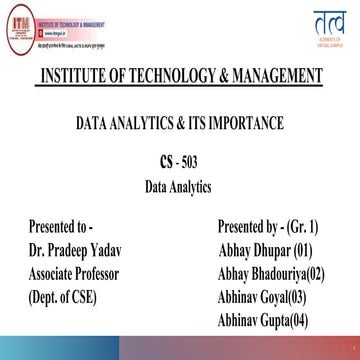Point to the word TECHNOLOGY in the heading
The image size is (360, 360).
coord(163,77)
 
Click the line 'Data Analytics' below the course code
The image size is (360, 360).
coord(180,185)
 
